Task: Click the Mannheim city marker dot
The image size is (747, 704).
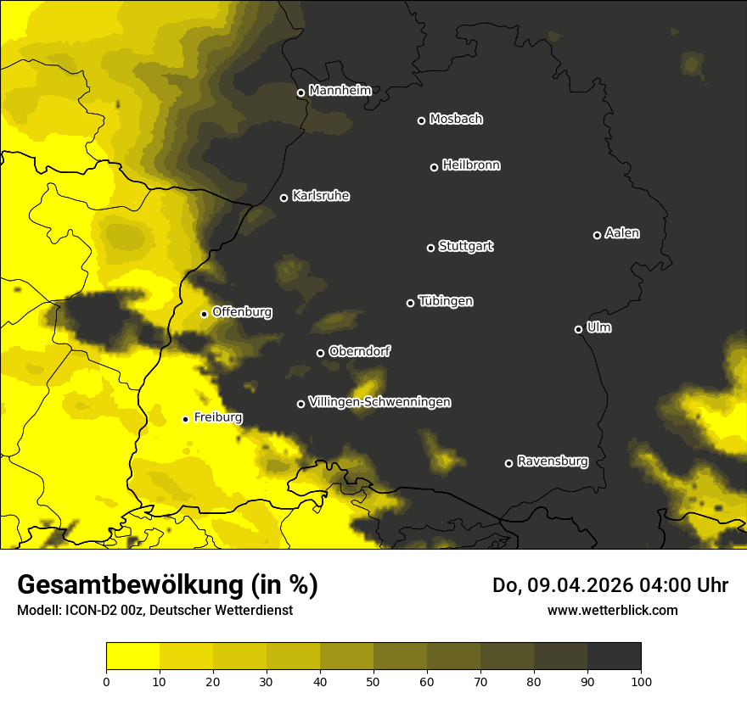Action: pos(300,93)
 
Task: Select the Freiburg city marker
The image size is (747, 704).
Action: pos(185,419)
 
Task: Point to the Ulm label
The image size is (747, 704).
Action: pos(598,327)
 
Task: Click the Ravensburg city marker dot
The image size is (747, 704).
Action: pos(509,463)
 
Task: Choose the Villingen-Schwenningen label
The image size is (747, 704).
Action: pos(379,402)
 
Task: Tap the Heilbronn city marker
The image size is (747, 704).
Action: pos(434,167)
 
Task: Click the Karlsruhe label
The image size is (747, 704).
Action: pos(321,196)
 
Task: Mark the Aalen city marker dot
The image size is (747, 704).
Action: pos(597,235)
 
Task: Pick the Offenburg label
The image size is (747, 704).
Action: pos(242,312)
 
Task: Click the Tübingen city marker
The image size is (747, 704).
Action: pos(410,303)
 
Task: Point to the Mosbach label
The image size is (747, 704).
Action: pos(456,120)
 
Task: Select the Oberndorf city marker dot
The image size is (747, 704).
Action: pos(320,353)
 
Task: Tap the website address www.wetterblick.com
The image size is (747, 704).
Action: pos(613,610)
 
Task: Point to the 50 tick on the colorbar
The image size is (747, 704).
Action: pos(373,681)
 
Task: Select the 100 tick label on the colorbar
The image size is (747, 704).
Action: pos(641,681)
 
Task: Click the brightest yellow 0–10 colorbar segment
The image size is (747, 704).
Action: pos(133,656)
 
